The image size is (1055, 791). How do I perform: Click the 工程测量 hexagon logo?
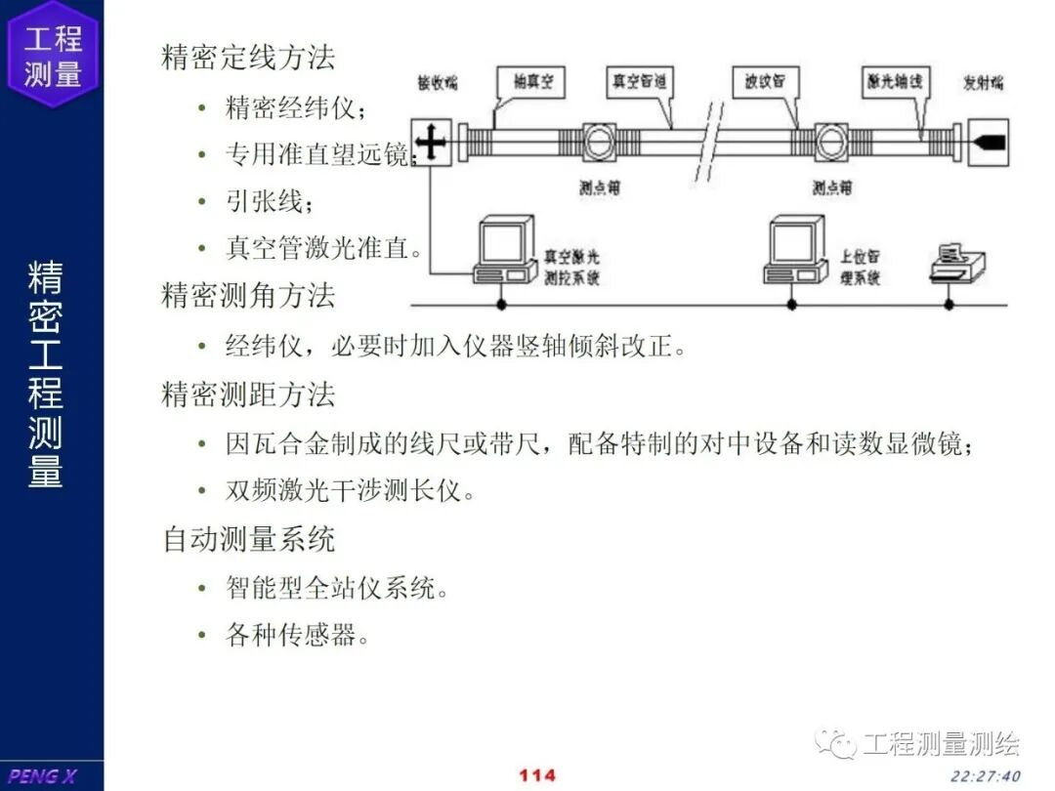tap(53, 54)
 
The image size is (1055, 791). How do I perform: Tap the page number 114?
tap(536, 775)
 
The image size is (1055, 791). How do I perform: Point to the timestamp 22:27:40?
tap(985, 776)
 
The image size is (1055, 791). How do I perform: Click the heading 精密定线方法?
tap(248, 57)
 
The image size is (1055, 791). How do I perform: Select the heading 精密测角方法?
tap(248, 295)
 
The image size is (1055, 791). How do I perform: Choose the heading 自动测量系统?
tap(248, 539)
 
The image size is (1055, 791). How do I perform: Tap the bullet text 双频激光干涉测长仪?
tap(350, 490)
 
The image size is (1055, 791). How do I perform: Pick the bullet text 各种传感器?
tap(297, 637)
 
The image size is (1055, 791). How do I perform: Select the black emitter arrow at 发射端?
tap(988, 143)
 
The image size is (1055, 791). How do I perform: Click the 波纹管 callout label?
tap(765, 83)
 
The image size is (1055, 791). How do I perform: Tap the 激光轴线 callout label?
tap(894, 83)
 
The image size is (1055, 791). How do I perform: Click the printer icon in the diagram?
tap(956, 263)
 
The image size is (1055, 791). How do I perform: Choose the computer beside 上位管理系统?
tap(794, 251)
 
